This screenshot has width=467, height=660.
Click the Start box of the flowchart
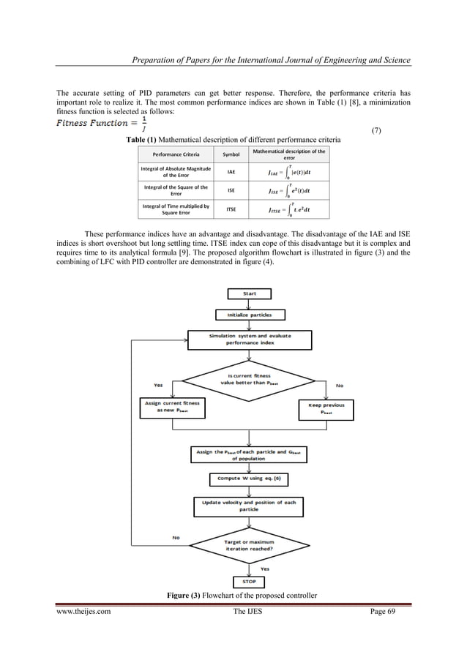[x=249, y=294]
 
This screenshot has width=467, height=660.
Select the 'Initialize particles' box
[x=249, y=315]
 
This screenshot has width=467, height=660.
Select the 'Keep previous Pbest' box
[x=328, y=408]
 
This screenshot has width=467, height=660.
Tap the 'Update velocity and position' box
[x=249, y=506]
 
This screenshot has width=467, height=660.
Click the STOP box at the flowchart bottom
[x=249, y=582]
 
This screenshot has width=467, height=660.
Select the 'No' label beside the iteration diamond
[x=176, y=538]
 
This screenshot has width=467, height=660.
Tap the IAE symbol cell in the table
[x=231, y=173]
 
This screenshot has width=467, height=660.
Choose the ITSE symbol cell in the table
[x=231, y=210]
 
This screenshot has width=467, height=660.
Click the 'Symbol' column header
[x=231, y=154]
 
